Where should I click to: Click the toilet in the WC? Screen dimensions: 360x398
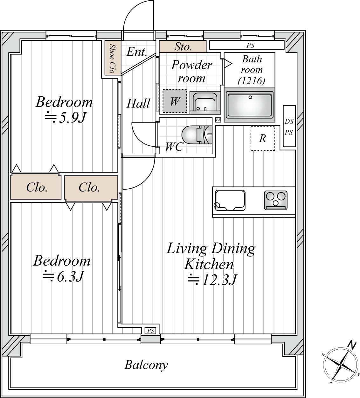pos(197,135)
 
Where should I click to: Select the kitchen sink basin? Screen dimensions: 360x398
pos(230,200)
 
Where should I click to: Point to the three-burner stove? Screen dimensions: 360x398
pos(275,200)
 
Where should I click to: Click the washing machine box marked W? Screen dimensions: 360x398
pos(175,101)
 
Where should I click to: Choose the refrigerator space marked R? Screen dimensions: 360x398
pos(262,138)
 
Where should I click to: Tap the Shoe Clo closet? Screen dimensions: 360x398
pos(113,58)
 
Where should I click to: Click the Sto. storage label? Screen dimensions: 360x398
pos(183,47)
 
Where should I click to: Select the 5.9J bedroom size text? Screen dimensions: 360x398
pos(65,117)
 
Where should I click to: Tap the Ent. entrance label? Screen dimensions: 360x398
pos(136,52)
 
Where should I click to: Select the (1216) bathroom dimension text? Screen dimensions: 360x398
pos(252,81)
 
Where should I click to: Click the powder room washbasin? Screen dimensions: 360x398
pos(205,102)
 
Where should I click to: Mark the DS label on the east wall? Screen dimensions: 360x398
pos(289,122)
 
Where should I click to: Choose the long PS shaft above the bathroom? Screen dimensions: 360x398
pos(247,45)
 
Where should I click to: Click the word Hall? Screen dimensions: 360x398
pos(138,103)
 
